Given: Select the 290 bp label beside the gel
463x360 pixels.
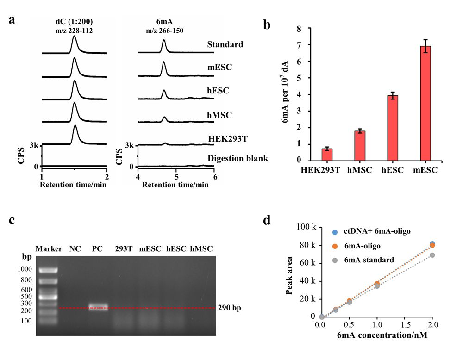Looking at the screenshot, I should click(x=231, y=307).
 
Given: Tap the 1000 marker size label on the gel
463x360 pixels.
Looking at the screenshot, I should click(x=25, y=269).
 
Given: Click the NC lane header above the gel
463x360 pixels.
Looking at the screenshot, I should click(x=75, y=249).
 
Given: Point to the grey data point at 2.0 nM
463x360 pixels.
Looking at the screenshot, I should click(x=432, y=255).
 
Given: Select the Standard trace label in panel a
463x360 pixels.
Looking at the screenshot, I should click(x=225, y=45).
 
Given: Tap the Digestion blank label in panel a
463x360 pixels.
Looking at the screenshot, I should click(x=238, y=159).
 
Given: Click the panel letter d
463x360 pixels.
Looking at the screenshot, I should click(x=267, y=220).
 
